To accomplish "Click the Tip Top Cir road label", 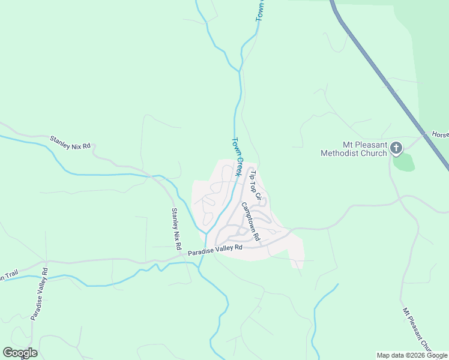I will [x=256, y=185].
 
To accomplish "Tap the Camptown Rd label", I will [x=250, y=221].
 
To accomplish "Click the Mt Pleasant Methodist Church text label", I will [x=354, y=149].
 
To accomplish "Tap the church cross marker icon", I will [x=396, y=147].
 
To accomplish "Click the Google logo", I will [x=20, y=352].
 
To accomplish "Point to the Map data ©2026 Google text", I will [x=412, y=355].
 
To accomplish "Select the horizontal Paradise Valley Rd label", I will [x=214, y=248].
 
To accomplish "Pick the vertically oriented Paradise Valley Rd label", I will [x=39, y=298].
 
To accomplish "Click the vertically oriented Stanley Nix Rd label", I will [x=176, y=229].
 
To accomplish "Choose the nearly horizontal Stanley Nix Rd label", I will [x=70, y=142].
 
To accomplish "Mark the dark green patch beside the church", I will [x=404, y=161].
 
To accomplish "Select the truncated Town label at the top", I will [x=260, y=11].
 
